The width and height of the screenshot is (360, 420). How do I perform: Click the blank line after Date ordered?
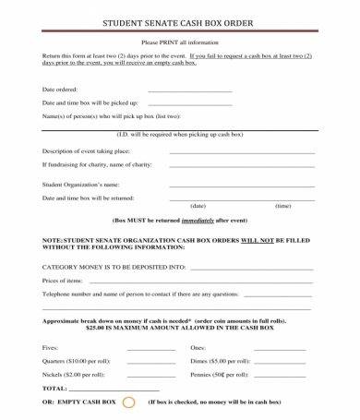190,90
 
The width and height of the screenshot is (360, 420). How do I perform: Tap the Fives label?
51,347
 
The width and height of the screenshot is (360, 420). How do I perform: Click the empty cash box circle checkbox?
129,402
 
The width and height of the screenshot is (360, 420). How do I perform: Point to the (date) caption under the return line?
198,205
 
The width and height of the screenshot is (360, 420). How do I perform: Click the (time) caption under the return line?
283,205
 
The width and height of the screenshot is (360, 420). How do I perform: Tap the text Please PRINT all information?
180,42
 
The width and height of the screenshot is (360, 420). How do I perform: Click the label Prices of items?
63,280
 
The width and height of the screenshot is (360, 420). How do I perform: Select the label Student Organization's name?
81,184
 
